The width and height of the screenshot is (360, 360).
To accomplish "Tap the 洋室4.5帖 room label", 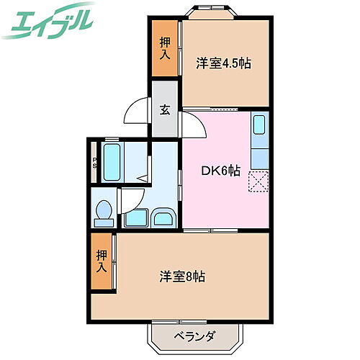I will (223, 63).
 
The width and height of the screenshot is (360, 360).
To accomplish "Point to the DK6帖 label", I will (220, 171).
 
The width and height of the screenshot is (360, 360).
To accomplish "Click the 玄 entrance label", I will (164, 110).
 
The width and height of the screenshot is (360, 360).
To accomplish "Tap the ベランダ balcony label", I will (194, 336).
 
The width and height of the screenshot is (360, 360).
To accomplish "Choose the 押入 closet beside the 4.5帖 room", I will (164, 48).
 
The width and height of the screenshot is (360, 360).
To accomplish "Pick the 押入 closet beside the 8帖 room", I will (102, 261).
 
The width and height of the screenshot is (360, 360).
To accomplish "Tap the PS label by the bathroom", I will (94, 164).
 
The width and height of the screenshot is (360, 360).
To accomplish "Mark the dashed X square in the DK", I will (258, 182).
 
